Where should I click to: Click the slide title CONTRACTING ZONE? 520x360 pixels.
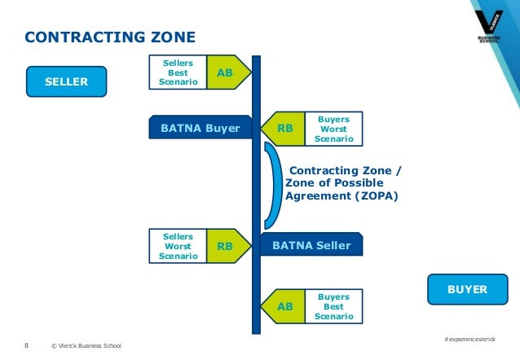pos(109,37)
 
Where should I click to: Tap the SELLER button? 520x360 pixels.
pos(66,81)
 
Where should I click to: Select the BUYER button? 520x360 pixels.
pos(467,289)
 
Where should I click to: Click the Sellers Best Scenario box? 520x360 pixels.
pos(178,72)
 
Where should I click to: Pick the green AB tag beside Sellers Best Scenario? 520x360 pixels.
pos(225,72)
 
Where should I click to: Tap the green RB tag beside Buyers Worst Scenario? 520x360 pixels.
pos(284,128)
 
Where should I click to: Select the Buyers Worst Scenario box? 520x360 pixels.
pos(333,128)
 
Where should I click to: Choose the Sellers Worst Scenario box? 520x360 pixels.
pos(178,245)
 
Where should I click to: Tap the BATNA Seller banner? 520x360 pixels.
pos(311,244)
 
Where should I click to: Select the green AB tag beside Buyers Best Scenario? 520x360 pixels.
pos(284,306)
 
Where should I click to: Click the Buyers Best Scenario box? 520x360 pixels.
pos(333,306)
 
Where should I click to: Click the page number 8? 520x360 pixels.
pos(26,345)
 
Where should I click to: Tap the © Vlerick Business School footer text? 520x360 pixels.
pos(86,346)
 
